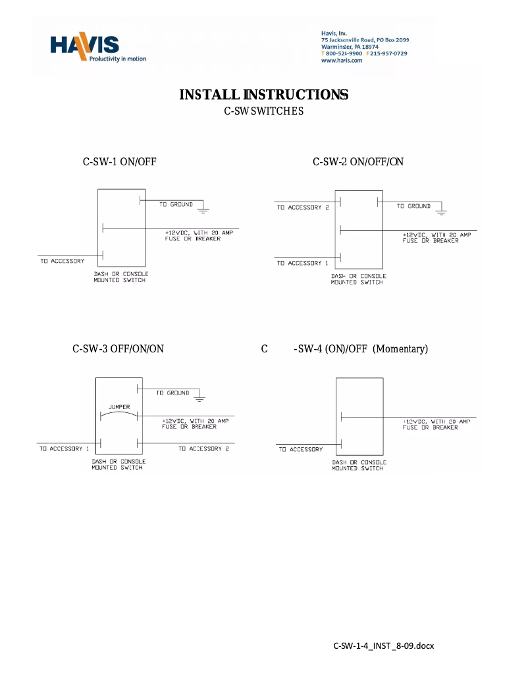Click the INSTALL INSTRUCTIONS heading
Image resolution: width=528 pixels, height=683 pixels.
click(263, 95)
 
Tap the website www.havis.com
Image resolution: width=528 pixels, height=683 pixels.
click(342, 60)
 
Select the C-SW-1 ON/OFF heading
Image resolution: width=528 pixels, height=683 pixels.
click(119, 162)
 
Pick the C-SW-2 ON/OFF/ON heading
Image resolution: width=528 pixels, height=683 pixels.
click(358, 162)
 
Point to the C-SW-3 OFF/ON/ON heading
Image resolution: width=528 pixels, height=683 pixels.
click(118, 348)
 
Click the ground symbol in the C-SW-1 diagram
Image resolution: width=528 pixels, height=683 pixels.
click(203, 211)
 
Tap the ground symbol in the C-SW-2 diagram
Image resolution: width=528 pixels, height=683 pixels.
click(442, 212)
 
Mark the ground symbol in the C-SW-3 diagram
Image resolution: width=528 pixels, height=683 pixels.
click(201, 398)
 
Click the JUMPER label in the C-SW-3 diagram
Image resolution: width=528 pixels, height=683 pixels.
click(119, 407)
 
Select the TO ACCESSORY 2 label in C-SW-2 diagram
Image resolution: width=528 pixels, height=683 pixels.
click(303, 207)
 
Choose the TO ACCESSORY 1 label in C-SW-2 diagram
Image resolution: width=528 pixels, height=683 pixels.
click(303, 263)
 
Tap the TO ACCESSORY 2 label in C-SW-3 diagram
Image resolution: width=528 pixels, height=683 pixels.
click(204, 449)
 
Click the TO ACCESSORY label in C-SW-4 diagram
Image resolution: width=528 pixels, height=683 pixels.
click(301, 450)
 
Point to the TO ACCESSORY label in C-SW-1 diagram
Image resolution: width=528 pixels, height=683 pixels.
click(63, 261)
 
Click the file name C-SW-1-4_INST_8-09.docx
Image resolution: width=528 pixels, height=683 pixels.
click(384, 645)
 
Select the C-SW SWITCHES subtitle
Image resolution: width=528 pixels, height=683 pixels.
click(263, 112)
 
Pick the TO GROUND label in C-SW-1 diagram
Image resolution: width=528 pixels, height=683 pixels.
click(176, 205)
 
